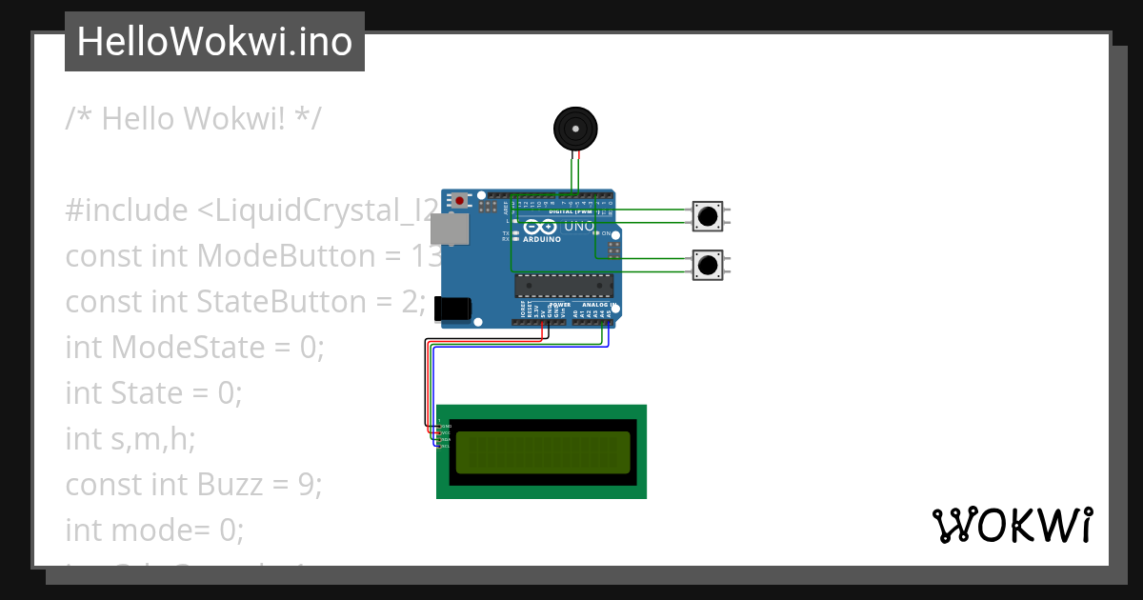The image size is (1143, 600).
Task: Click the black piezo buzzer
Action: tap(575, 128)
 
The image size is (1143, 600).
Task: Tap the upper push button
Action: tap(707, 215)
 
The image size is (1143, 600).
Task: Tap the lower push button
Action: tap(707, 265)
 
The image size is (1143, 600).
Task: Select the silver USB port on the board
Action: tap(450, 228)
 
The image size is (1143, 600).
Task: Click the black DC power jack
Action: tap(451, 308)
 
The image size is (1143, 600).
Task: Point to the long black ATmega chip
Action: tap(564, 285)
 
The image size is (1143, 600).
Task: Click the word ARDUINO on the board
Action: tap(541, 239)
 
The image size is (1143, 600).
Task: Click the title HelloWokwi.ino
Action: tap(214, 42)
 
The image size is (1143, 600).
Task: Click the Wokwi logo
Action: tap(1013, 526)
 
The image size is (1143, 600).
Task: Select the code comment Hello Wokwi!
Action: tap(193, 119)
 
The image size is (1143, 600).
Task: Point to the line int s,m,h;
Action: tap(130, 439)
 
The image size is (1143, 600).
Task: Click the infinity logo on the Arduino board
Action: tap(539, 228)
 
